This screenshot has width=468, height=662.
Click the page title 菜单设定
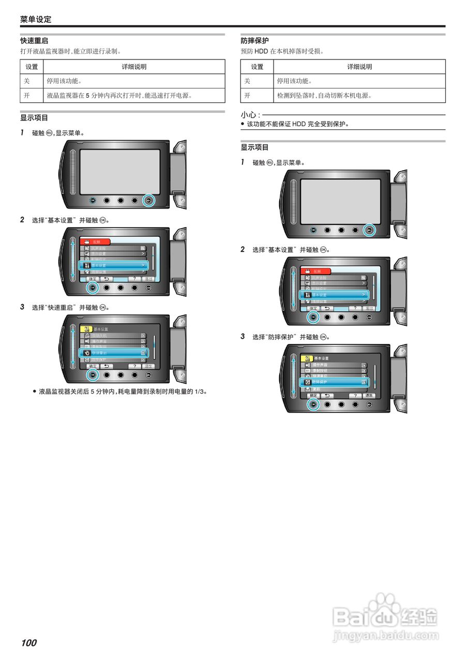tap(36, 20)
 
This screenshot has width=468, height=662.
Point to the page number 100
tap(29, 643)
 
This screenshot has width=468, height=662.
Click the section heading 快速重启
tap(34, 40)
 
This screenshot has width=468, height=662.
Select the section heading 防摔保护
tap(254, 40)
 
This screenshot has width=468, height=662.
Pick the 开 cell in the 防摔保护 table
tap(247, 96)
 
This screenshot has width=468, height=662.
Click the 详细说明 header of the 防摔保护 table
tap(359, 67)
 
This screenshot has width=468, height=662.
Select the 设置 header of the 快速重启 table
tap(32, 67)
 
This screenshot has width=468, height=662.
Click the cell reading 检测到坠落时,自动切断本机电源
tap(324, 96)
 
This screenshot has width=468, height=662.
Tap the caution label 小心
tap(249, 115)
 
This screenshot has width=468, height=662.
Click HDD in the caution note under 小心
tap(299, 124)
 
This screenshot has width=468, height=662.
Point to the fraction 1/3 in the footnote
tap(200, 392)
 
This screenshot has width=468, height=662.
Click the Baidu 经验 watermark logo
tap(385, 615)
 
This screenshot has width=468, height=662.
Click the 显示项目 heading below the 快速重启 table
tap(34, 118)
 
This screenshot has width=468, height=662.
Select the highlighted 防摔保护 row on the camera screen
tap(334, 382)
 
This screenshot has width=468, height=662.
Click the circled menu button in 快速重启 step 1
tap(148, 200)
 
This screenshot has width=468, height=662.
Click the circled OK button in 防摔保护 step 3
tap(313, 405)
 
